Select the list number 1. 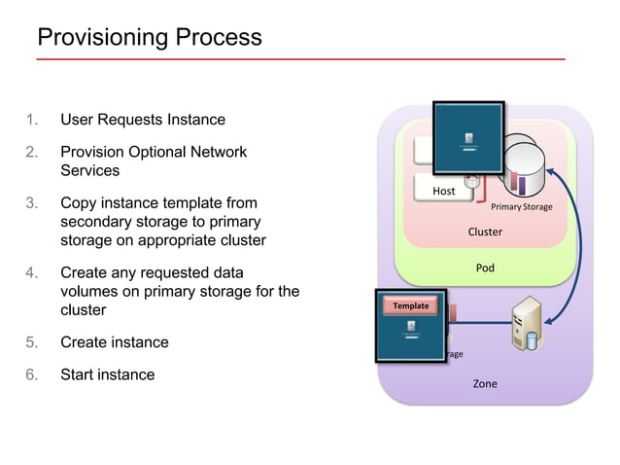[32, 120]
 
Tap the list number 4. [32, 272]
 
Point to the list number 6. [32, 375]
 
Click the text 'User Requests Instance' [143, 120]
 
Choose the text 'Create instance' [114, 342]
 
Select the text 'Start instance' [107, 375]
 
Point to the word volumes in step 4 [91, 291]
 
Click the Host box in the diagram [444, 191]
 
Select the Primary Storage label [521, 207]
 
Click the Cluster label [485, 232]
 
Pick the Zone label [484, 383]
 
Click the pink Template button [410, 305]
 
